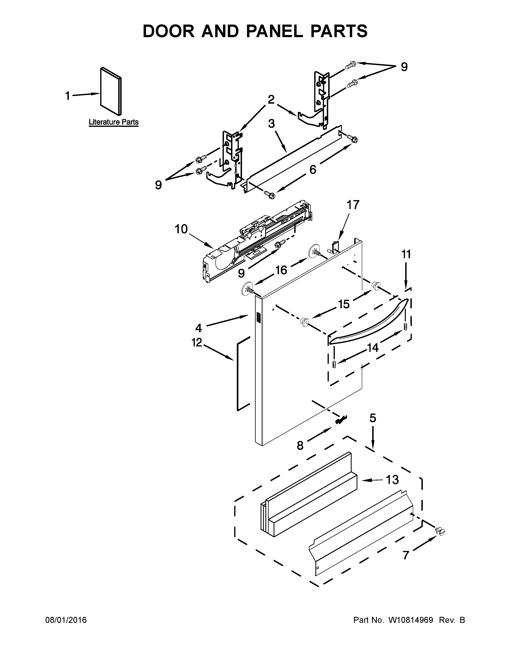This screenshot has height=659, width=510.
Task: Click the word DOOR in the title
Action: pos(169,31)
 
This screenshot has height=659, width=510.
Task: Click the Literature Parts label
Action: pos(114,122)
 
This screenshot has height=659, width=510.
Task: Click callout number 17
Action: pos(353,205)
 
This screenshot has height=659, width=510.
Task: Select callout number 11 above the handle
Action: pos(406,254)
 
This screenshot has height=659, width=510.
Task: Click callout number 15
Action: pos(344,304)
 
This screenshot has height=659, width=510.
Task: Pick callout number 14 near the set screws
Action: pos(373,348)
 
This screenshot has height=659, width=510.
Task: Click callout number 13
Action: pos(392,479)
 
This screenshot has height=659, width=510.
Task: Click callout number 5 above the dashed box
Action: pos(373,418)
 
